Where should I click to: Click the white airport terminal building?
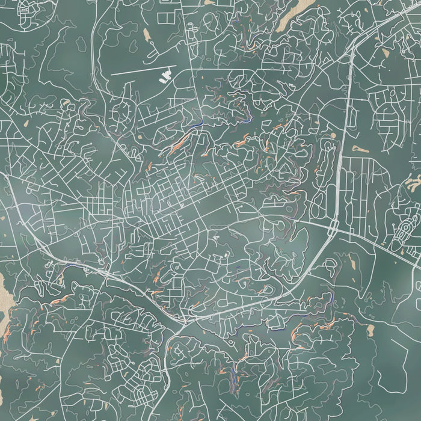tap(164, 76)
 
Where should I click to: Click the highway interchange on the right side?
tap(333, 228)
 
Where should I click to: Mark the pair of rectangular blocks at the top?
tap(165, 18)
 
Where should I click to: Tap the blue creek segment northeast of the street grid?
tap(195, 126)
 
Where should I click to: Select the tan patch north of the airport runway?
tap(147, 34)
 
